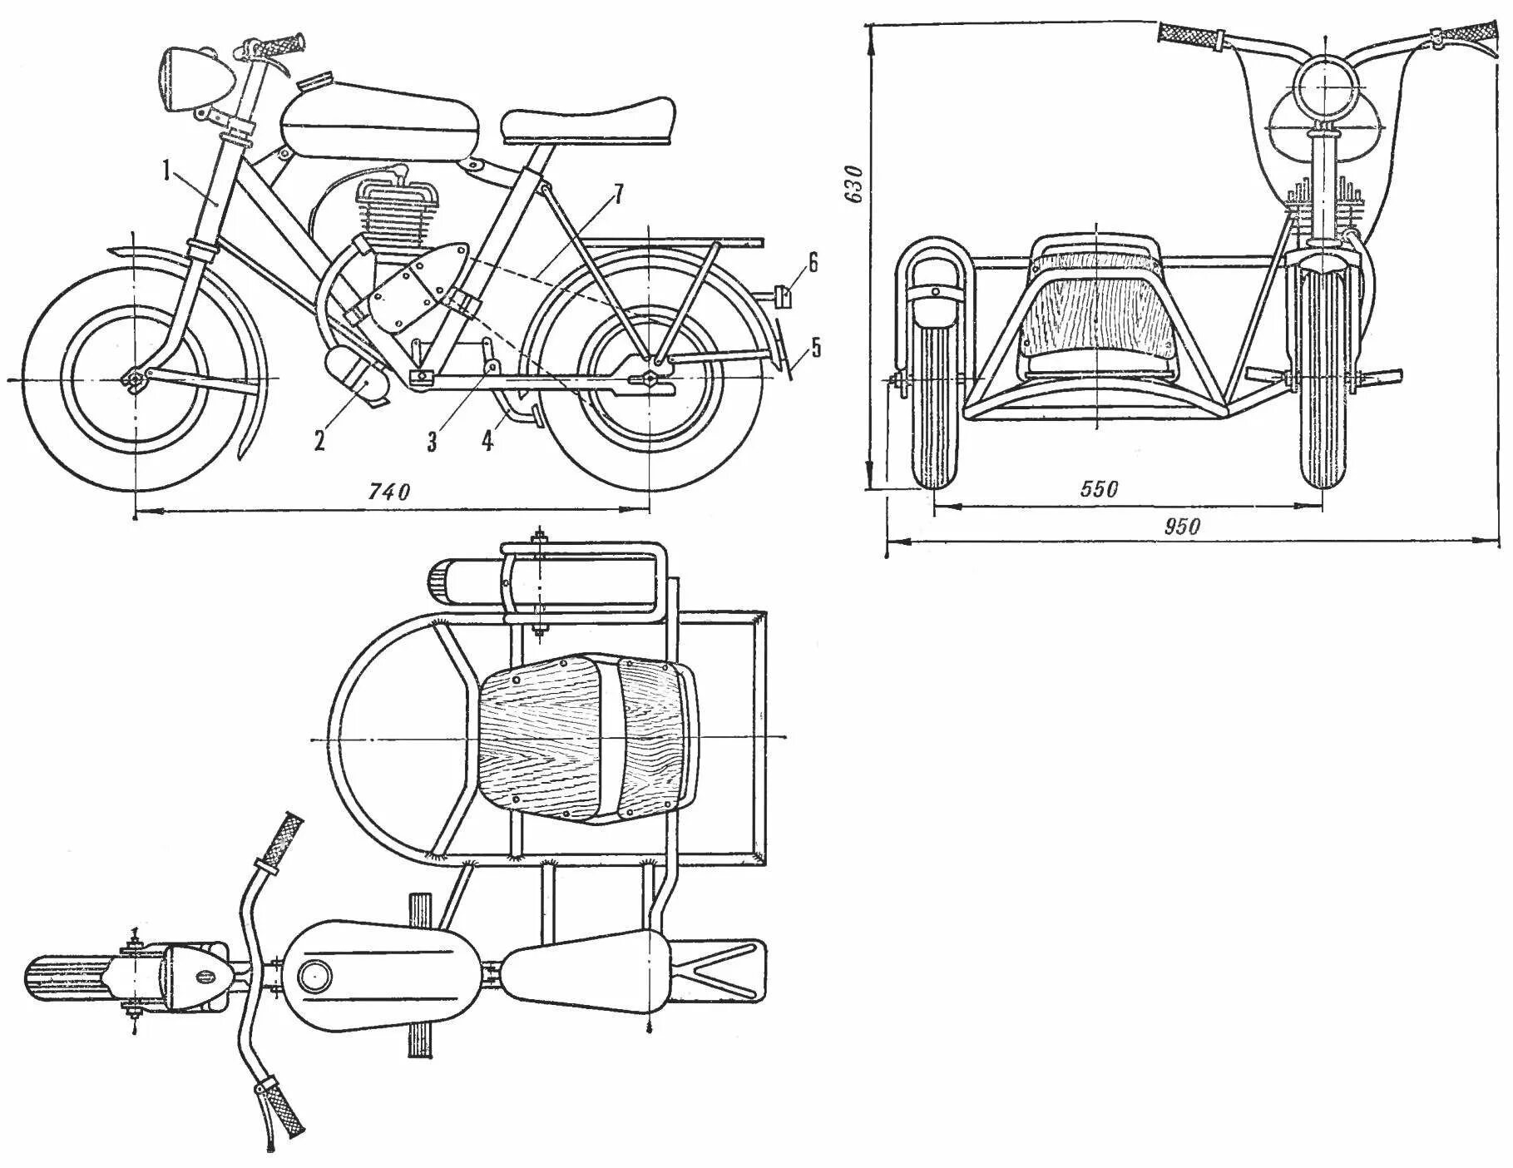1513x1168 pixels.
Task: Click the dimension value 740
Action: click(389, 492)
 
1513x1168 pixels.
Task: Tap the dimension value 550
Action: click(1099, 489)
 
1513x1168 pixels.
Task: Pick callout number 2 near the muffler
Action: click(319, 439)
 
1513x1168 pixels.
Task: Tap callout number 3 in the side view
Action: click(432, 441)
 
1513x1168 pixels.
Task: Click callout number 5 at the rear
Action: click(815, 346)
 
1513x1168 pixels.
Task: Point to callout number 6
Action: click(812, 264)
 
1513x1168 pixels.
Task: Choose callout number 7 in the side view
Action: click(616, 194)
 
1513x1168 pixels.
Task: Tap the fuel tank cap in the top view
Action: click(315, 974)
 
